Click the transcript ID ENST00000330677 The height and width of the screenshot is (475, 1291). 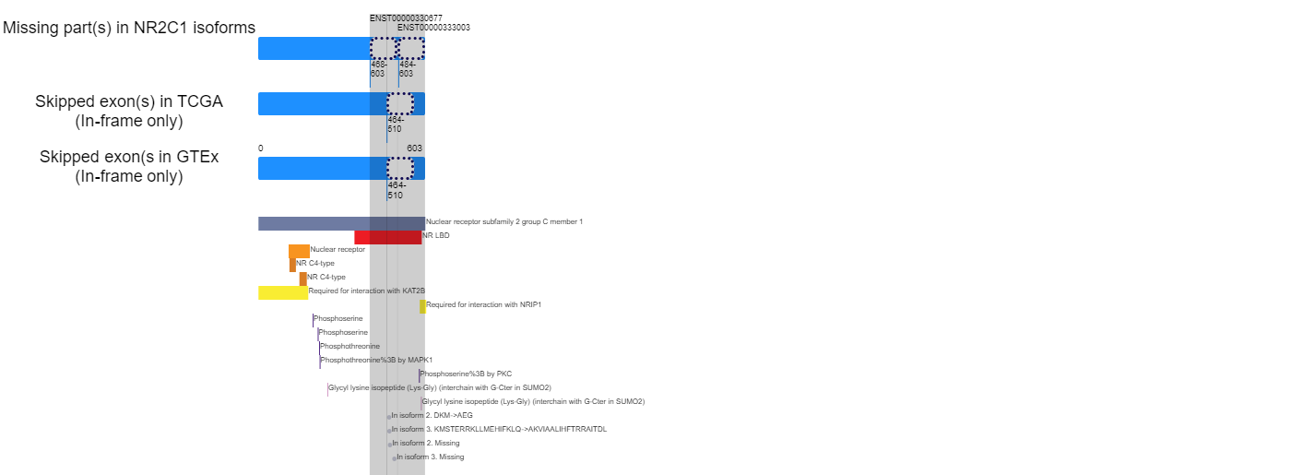click(406, 18)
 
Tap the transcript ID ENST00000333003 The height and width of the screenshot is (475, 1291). click(433, 27)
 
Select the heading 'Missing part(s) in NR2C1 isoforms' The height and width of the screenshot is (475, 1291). click(129, 28)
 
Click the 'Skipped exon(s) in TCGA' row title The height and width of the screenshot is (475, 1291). click(129, 101)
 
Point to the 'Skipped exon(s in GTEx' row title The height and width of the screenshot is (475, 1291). click(129, 157)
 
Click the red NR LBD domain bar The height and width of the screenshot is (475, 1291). click(388, 237)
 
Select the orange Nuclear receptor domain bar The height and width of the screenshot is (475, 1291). click(299, 251)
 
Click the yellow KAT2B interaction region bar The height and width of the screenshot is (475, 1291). click(283, 292)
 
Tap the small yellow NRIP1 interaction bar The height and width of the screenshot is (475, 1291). click(422, 306)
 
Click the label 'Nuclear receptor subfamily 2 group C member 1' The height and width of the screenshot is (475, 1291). click(504, 221)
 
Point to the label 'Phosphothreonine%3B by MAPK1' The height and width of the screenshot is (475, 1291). click(376, 360)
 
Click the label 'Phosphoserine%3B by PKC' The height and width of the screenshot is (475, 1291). click(466, 374)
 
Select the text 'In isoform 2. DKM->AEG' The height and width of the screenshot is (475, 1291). click(432, 415)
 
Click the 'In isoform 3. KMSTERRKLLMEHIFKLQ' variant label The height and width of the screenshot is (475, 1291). click(499, 429)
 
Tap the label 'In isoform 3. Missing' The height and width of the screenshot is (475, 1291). click(430, 457)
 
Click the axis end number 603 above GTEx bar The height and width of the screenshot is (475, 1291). click(414, 148)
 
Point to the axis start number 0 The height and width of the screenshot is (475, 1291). click(260, 148)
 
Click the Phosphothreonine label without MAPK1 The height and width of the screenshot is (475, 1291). click(349, 346)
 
